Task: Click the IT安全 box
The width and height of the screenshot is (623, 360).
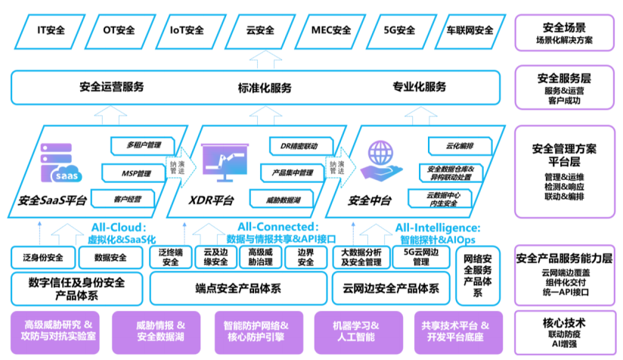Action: click(51, 31)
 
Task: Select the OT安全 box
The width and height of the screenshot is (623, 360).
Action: click(119, 31)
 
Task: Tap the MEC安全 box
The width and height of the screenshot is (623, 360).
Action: click(331, 31)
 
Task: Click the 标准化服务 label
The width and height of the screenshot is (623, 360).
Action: click(265, 87)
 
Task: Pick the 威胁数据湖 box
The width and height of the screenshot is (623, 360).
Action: click(284, 200)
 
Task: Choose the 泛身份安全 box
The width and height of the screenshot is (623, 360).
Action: click(43, 257)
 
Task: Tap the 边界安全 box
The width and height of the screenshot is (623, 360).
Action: click(305, 257)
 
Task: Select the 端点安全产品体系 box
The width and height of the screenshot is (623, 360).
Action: click(238, 288)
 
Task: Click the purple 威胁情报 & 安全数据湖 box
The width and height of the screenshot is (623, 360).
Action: click(160, 330)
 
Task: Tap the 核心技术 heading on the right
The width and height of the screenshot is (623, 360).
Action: click(564, 322)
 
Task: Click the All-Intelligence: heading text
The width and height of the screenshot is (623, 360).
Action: click(437, 227)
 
